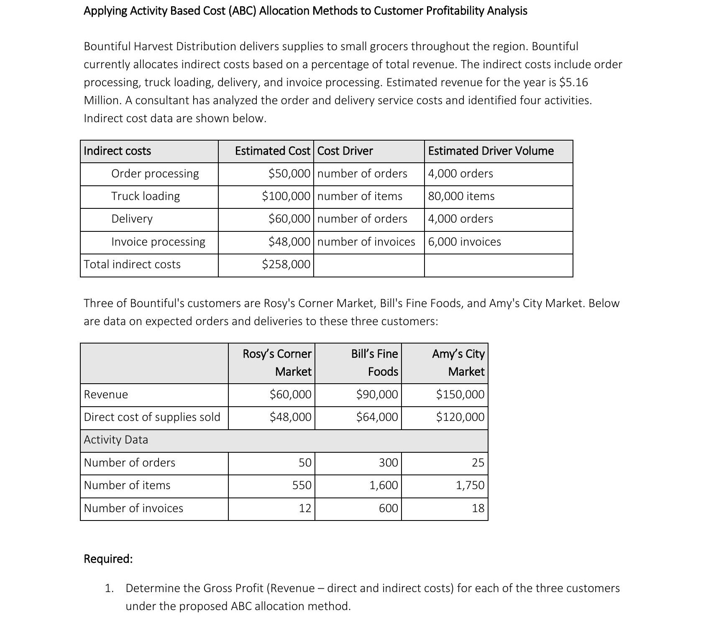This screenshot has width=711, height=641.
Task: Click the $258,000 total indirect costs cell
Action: tap(286, 264)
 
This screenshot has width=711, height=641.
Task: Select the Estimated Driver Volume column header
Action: tap(491, 151)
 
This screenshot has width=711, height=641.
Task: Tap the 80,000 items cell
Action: tap(461, 196)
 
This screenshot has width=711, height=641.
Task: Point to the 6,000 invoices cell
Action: tap(464, 242)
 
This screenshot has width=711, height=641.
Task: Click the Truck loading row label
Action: tap(146, 196)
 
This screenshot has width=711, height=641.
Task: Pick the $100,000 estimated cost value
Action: tap(286, 196)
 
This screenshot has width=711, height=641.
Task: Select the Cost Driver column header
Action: tap(345, 151)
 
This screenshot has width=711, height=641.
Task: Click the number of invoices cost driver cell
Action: tap(366, 242)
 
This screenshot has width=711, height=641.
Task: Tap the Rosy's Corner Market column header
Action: tap(277, 363)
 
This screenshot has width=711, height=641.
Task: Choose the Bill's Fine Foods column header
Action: tap(374, 363)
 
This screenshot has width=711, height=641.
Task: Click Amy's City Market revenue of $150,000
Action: tap(460, 395)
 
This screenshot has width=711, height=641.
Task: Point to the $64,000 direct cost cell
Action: tap(377, 417)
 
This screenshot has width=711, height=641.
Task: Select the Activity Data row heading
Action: tap(116, 440)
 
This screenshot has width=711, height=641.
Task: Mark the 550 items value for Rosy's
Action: tap(302, 485)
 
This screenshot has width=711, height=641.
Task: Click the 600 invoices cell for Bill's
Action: tap(388, 508)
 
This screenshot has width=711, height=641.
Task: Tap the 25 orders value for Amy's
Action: tap(478, 463)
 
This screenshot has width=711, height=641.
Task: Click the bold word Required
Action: tap(108, 559)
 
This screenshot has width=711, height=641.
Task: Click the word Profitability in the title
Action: tap(455, 11)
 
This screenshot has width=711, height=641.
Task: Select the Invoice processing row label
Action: tap(158, 242)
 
